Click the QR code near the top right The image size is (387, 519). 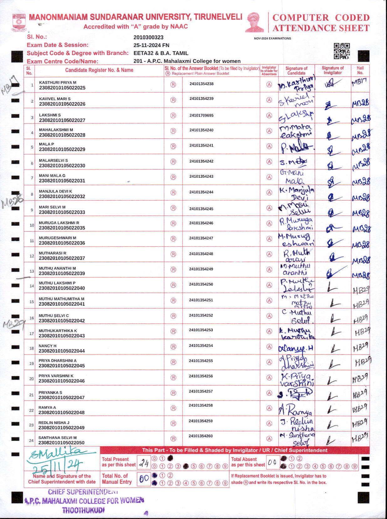(x=341, y=51)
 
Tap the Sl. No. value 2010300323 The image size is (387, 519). (x=148, y=37)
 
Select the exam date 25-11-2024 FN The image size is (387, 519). (x=151, y=45)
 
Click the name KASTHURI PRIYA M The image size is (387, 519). (x=58, y=82)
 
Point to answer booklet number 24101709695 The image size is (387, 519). (x=201, y=115)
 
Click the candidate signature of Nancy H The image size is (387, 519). (x=296, y=348)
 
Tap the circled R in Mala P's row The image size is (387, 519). (x=173, y=146)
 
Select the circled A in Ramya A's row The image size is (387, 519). (x=269, y=408)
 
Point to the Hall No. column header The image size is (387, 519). (x=360, y=70)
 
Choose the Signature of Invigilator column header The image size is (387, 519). (x=333, y=70)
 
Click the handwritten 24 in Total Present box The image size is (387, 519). (x=144, y=463)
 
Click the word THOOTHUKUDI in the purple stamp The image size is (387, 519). (x=83, y=510)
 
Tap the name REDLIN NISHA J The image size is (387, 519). (x=54, y=422)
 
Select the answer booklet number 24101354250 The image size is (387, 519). (x=201, y=284)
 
